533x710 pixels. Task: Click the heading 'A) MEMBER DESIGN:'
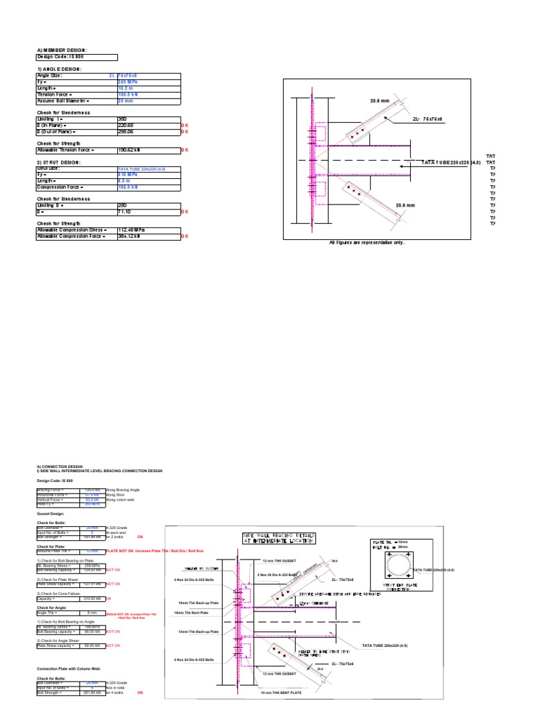coord(62,50)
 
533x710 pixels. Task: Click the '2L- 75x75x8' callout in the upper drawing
coord(428,119)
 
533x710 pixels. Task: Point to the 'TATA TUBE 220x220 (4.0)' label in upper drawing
coord(451,162)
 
